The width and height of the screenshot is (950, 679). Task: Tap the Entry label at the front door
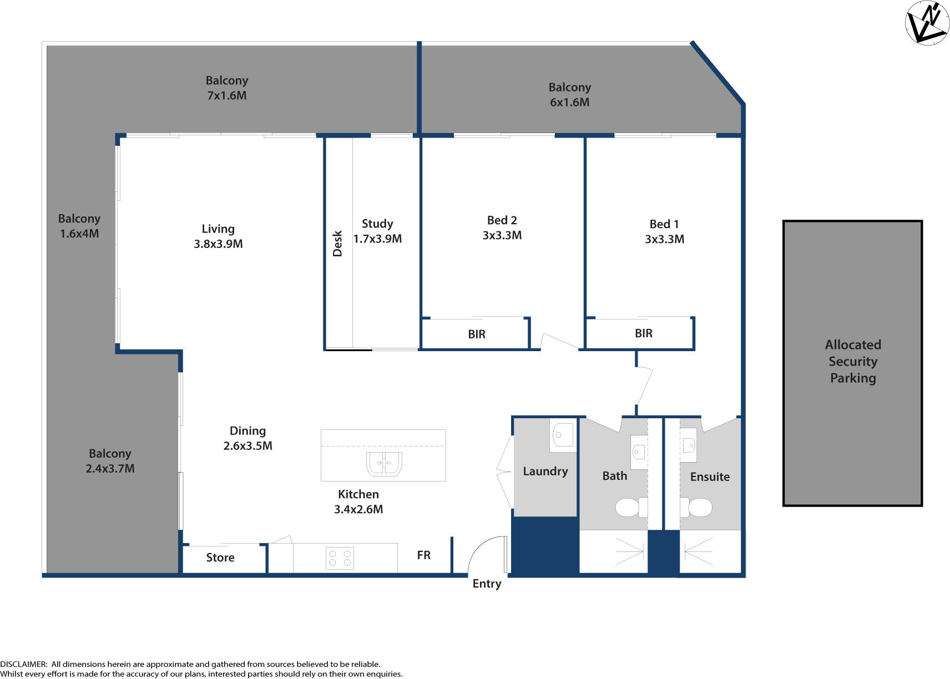pos(487,584)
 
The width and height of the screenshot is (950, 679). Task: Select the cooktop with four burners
pos(340,558)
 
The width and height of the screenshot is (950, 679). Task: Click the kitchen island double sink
pos(383,464)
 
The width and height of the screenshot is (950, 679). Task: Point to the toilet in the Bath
pos(631,507)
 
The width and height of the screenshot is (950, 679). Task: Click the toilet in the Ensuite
pos(696,507)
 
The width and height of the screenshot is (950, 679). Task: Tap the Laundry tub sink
pos(563,435)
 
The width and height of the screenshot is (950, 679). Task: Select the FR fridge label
pos(423,555)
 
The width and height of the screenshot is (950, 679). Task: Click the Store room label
pos(220,558)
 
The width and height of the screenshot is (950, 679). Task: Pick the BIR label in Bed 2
pos(477,334)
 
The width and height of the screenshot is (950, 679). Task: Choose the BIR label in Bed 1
pos(643,333)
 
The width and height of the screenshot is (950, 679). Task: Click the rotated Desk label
pos(337,244)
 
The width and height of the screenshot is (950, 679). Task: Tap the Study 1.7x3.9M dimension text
pos(377,239)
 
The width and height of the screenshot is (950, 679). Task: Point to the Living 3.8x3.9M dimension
pos(218,244)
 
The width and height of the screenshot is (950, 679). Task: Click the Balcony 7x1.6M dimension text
pos(226,95)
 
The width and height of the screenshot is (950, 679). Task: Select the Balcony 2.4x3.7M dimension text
pos(110,468)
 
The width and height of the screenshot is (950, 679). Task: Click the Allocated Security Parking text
pos(852,361)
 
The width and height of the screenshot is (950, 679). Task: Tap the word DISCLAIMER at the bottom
pos(23,664)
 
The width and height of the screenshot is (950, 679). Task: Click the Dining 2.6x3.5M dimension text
pos(247,445)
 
